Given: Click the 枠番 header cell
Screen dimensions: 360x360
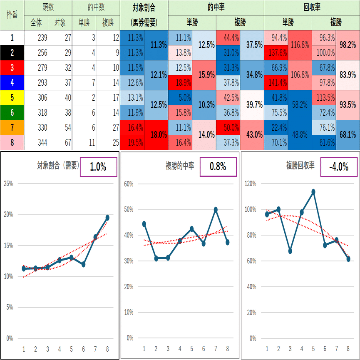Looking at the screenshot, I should click(x=12, y=15).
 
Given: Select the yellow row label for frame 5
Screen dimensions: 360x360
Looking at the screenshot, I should click(x=12, y=98).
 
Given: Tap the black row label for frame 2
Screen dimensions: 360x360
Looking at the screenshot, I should click(x=12, y=52).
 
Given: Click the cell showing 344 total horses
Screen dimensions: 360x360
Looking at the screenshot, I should click(x=36, y=143).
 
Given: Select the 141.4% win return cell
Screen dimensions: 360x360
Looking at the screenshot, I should click(x=276, y=83).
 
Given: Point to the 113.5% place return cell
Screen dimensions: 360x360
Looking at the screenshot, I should click(x=324, y=98).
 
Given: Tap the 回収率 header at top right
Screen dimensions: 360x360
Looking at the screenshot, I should click(x=312, y=7).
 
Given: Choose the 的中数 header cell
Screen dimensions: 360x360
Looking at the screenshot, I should click(x=96, y=7).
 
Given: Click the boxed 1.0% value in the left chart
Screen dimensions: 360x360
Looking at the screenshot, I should click(x=98, y=167).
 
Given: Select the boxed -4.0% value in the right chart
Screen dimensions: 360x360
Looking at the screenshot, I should click(x=338, y=167).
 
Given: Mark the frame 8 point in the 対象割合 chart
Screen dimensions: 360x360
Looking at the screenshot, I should click(x=107, y=218).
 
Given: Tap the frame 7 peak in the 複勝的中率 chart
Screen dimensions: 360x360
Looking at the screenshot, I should click(x=216, y=210).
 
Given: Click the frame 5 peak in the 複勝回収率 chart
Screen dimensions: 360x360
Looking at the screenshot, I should click(x=313, y=192).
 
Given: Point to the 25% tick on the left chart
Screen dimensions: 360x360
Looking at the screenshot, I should click(x=8, y=184).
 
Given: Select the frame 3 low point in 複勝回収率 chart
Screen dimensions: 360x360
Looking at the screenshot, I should click(x=290, y=251).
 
